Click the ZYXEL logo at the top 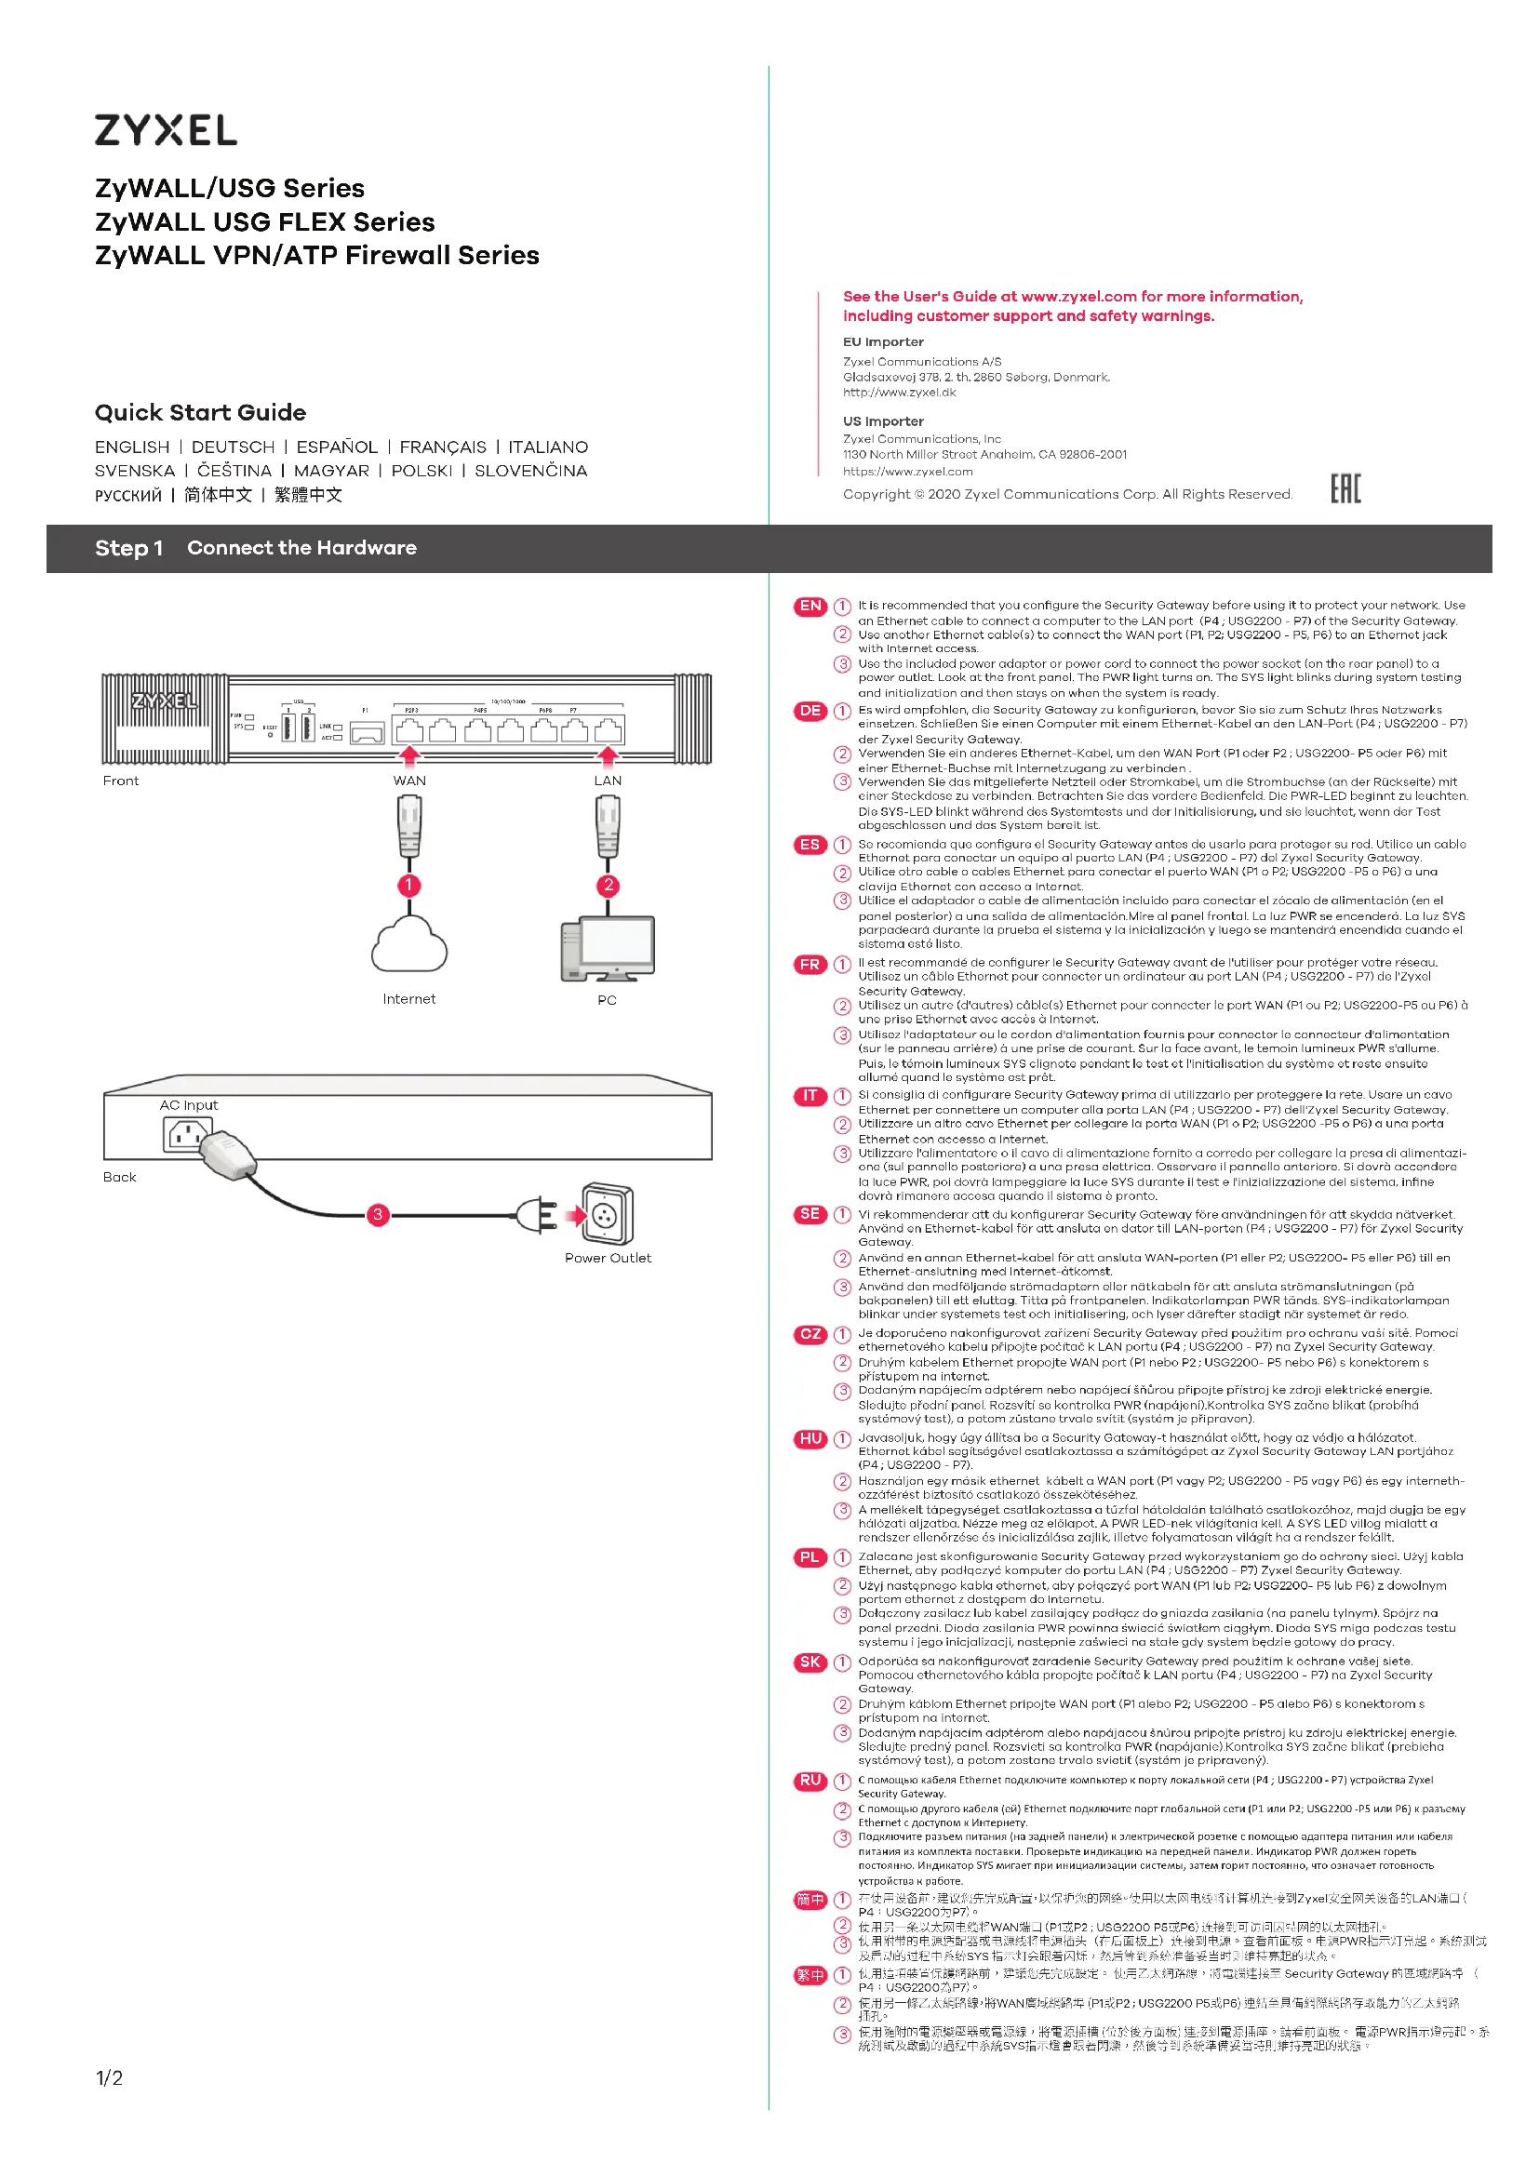[166, 130]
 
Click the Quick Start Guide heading [200, 412]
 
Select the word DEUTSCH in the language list [234, 447]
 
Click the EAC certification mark [1345, 489]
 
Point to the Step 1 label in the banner [129, 548]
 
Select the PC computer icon [608, 949]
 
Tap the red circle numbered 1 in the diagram [409, 885]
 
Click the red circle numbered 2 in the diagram [609, 885]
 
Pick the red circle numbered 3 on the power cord [378, 1214]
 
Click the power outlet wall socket [608, 1213]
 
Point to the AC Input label [189, 1105]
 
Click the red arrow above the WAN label [409, 755]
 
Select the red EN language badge [810, 607]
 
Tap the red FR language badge [810, 965]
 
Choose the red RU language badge [810, 1781]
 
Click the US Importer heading [883, 421]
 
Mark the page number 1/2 [109, 2078]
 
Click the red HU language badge [810, 1438]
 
